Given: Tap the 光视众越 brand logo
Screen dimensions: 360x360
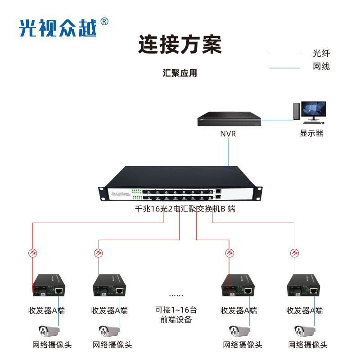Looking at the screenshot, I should [58, 28].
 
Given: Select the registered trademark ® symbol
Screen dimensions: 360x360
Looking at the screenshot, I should [103, 22].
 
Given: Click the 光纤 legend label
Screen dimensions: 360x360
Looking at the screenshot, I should [321, 53].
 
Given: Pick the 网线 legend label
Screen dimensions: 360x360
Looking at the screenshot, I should [321, 67].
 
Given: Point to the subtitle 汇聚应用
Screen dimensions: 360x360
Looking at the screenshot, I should [180, 73].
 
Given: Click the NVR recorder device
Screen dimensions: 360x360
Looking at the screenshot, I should [229, 119].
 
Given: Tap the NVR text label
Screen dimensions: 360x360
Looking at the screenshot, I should [228, 134].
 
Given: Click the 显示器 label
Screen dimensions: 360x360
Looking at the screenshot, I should [311, 133].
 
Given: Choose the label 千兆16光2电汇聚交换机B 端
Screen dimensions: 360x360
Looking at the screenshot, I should [185, 209].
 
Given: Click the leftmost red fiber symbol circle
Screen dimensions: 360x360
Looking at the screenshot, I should [32, 253].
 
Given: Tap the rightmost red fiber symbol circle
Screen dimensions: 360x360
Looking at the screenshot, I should [294, 253].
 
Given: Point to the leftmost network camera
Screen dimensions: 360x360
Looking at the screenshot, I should [49, 331].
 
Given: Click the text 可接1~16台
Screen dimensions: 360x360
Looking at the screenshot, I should [176, 310].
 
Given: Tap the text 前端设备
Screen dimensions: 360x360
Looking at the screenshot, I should [176, 320].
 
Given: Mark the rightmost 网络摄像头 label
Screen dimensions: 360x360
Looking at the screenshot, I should [308, 345].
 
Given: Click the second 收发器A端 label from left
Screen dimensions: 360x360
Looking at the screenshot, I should [109, 310].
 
